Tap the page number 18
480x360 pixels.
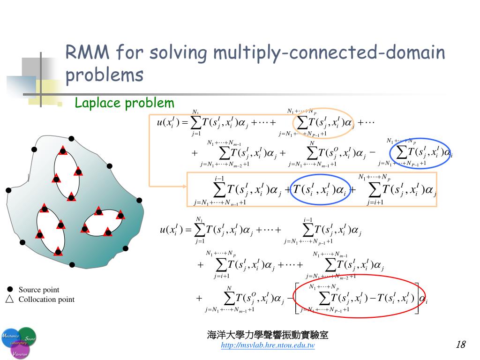(x=460, y=345)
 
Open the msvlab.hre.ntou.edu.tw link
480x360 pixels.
(x=268, y=346)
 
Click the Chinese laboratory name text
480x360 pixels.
(x=268, y=335)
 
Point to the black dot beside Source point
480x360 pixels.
(x=10, y=289)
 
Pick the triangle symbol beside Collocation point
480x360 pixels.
(x=10, y=299)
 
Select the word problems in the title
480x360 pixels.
(x=104, y=75)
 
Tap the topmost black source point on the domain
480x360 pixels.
(x=71, y=138)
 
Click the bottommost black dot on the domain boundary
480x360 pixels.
(x=72, y=265)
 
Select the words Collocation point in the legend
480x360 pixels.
(x=46, y=300)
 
